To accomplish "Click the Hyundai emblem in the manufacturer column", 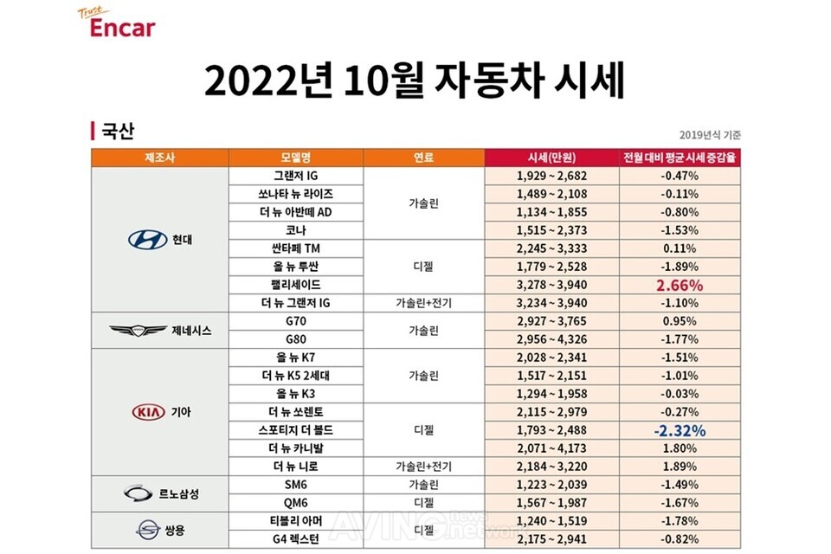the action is pos(147,240).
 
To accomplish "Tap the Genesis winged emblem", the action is pos(138,331).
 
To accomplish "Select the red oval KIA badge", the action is pos(148,412).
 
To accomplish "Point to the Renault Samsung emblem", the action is pos(138,493).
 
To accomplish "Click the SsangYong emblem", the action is pos(148,530).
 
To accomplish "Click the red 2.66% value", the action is pos(680,285).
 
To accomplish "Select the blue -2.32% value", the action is pos(680,430).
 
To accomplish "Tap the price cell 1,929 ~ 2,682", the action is pos(551,176).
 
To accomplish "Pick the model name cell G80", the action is pos(296,339).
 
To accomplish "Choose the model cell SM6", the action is pos(296,485).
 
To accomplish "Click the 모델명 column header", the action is pos(296,158).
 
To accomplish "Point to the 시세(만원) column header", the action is pos(551,158).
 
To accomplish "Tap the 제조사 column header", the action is pos(159,158).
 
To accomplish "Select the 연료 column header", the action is pos(423,158).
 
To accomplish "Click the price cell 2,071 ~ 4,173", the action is pos(551,448).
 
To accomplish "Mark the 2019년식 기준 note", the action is pos(710,135).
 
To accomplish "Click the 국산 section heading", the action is pos(113,131).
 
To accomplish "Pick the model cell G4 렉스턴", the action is pos(296,539).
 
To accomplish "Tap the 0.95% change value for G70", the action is pos(680,321).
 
